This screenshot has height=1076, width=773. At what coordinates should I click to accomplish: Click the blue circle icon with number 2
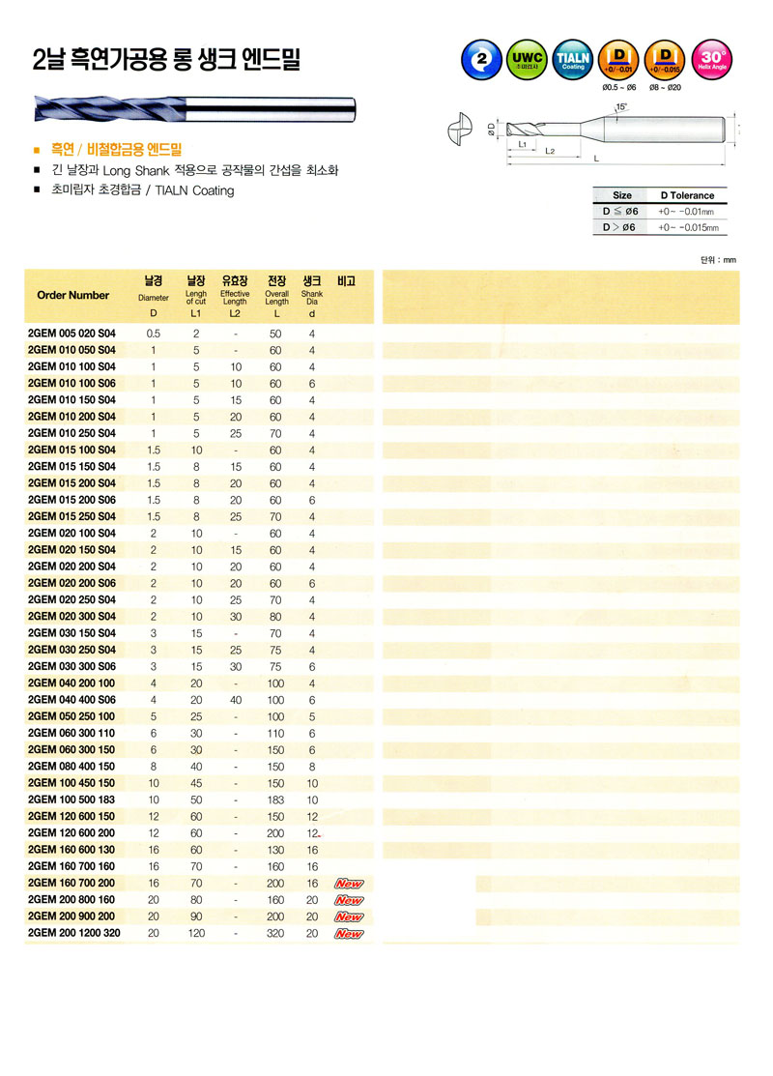480,60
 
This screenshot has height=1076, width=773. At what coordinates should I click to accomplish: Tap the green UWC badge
527,60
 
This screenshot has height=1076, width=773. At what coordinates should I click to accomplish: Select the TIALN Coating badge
573,60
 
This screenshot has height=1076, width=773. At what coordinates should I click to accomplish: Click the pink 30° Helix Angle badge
712,60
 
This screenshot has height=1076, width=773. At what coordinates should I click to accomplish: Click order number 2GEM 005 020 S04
72,333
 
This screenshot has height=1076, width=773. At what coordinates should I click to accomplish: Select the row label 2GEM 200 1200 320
74,933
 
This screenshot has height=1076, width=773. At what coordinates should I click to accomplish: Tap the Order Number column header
72,295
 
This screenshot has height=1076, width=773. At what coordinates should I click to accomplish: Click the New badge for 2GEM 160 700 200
348,884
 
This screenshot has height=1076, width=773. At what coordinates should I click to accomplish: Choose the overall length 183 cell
276,800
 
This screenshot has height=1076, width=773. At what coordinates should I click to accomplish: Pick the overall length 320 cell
276,933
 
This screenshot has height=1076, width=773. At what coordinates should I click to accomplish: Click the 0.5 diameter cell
153,333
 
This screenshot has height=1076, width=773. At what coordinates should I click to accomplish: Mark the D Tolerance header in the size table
687,195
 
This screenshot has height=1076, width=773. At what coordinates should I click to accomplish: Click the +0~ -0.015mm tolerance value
690,228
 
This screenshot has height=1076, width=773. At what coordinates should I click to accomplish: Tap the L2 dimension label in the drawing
549,152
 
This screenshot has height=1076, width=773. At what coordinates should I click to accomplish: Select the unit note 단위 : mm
718,259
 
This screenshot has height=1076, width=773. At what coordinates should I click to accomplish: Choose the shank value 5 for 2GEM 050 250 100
311,716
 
